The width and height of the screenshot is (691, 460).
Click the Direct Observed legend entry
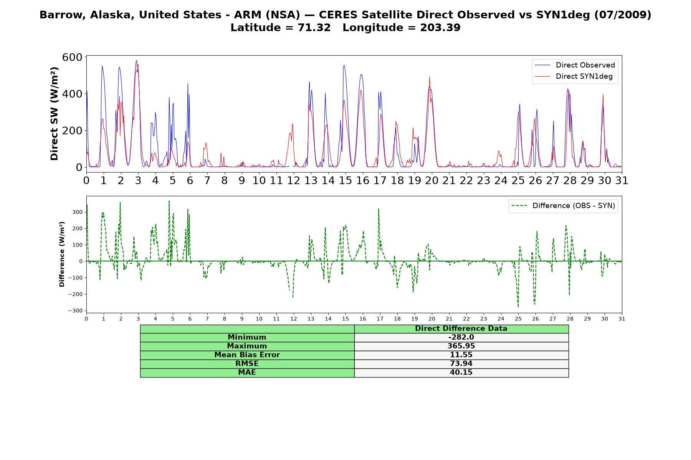tap(575, 65)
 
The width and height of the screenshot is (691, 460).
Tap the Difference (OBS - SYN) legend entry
tap(563, 206)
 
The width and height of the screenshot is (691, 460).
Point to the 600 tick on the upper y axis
tap(73, 57)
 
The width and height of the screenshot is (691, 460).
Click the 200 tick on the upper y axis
tap(73, 131)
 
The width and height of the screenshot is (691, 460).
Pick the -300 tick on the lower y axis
tap(75, 311)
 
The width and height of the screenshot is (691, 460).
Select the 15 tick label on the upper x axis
tap(345, 180)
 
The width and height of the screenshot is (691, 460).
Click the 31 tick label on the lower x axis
tap(622, 319)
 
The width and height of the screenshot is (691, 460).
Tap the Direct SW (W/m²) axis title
tap(54, 114)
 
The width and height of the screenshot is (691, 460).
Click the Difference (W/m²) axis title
tap(62, 255)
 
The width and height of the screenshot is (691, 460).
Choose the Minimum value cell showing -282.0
tap(461, 337)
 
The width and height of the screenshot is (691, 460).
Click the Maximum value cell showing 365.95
tap(461, 346)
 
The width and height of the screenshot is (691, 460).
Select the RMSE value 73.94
tap(461, 364)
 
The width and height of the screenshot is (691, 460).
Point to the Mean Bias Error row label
tap(247, 355)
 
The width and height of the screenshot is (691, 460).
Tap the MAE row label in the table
tap(247, 373)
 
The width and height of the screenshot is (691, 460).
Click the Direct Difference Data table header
tap(461, 329)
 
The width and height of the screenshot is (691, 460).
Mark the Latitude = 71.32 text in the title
tap(281, 28)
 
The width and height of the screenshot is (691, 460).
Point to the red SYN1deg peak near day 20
tap(430, 77)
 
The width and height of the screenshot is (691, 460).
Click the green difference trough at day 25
tap(518, 307)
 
